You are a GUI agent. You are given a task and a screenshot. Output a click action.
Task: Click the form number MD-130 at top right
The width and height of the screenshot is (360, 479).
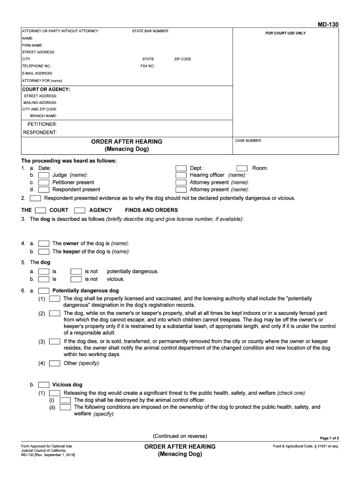(x=328, y=24)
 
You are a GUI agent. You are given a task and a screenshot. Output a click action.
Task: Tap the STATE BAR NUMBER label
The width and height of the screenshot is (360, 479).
(x=151, y=31)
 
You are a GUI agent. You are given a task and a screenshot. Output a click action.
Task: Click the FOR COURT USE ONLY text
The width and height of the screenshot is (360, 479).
(x=285, y=33)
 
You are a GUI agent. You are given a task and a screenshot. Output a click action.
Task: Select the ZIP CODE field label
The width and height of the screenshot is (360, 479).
(x=183, y=59)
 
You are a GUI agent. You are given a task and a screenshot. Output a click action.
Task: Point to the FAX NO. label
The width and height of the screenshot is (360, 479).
(x=148, y=66)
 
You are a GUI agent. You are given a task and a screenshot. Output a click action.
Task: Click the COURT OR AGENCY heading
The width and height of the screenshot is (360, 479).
(x=46, y=89)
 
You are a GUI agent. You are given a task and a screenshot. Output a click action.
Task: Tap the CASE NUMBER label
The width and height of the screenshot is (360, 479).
(x=248, y=140)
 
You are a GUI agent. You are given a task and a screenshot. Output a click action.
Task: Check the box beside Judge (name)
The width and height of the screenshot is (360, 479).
(x=44, y=175)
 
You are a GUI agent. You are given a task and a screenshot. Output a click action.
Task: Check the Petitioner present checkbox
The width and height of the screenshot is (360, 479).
(x=44, y=182)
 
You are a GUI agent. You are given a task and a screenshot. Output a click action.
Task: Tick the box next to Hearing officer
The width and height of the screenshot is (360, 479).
(x=181, y=175)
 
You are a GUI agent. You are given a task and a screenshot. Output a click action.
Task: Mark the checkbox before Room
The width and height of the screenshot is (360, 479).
(x=242, y=168)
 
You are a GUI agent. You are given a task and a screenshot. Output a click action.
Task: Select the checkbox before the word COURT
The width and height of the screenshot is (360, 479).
(x=40, y=210)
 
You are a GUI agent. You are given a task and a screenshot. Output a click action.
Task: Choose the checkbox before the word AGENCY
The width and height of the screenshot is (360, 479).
(x=79, y=210)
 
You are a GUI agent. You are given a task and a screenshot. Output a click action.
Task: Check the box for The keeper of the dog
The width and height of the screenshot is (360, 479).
(x=44, y=251)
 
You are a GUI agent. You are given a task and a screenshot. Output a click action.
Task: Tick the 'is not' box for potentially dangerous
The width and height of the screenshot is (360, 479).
(x=76, y=271)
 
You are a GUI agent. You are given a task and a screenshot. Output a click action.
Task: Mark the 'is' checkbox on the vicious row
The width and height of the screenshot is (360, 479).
(x=44, y=279)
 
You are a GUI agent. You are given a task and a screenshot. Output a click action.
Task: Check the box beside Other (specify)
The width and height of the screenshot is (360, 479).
(x=55, y=363)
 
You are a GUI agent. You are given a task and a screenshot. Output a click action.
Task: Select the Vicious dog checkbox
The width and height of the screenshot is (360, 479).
(x=44, y=385)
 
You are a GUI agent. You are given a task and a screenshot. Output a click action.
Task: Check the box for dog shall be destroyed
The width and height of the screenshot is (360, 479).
(x=65, y=400)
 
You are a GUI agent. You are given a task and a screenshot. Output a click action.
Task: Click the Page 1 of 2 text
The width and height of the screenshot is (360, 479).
(x=329, y=438)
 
